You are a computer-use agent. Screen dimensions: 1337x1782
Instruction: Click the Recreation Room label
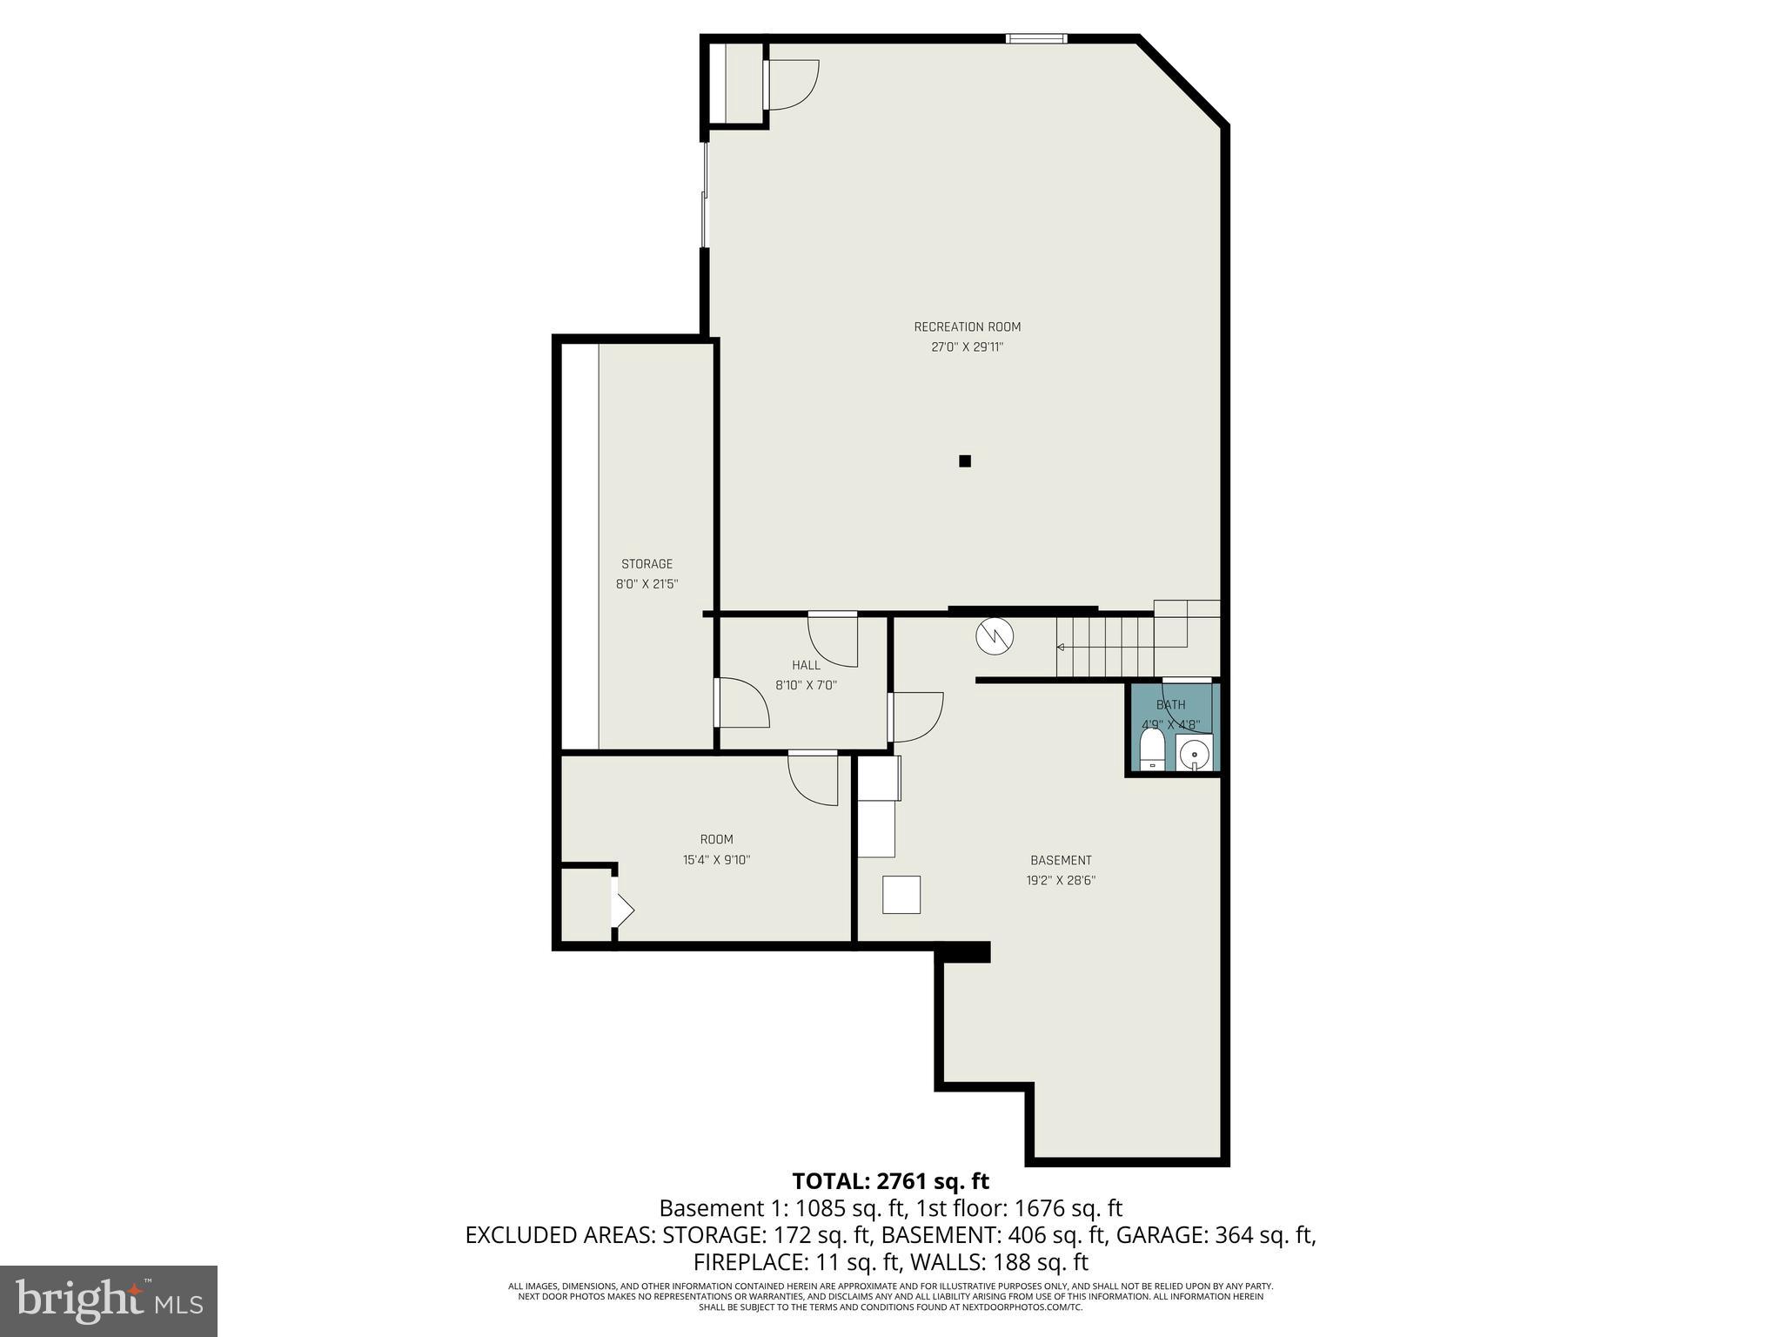pyautogui.click(x=967, y=327)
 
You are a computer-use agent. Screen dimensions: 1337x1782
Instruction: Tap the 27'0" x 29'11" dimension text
pyautogui.click(x=967, y=347)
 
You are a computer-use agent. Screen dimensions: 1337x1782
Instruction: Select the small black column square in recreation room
pyautogui.click(x=964, y=461)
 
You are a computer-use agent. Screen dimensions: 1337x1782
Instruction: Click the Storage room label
pyautogui.click(x=646, y=564)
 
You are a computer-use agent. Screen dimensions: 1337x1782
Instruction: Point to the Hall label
pyautogui.click(x=806, y=665)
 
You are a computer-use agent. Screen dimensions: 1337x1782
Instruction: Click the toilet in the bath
pyautogui.click(x=1152, y=750)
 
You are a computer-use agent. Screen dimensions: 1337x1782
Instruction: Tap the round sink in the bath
pyautogui.click(x=1196, y=752)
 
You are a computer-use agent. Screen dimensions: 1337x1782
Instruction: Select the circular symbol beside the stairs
pyautogui.click(x=995, y=636)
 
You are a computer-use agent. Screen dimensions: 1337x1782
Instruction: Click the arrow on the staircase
pyautogui.click(x=1062, y=647)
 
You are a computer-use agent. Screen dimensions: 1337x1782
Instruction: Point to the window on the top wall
pyautogui.click(x=1036, y=38)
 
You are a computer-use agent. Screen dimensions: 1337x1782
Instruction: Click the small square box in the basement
pyautogui.click(x=901, y=895)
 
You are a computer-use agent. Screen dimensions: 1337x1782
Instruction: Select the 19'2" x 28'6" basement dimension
pyautogui.click(x=1060, y=880)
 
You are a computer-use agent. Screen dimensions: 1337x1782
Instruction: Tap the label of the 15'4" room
pyautogui.click(x=716, y=839)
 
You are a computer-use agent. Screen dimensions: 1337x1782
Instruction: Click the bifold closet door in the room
pyautogui.click(x=622, y=910)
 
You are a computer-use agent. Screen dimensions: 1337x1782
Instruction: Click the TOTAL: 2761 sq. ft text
pyautogui.click(x=890, y=1181)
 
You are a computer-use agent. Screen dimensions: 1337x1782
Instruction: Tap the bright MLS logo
pyautogui.click(x=109, y=1300)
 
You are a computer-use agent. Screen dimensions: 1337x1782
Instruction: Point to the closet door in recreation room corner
pyautogui.click(x=790, y=84)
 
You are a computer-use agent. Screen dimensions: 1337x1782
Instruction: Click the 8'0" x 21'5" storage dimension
pyautogui.click(x=646, y=584)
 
